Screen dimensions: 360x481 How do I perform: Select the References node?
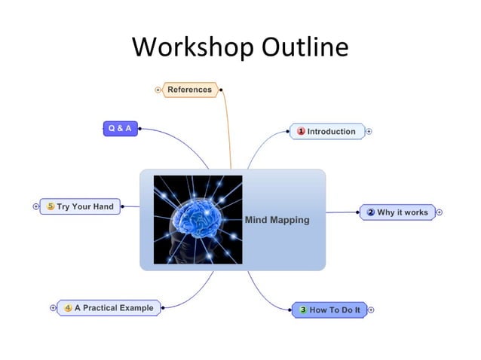tap(190, 90)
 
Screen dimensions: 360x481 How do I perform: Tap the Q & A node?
tap(120, 128)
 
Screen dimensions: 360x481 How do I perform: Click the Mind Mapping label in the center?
tap(277, 220)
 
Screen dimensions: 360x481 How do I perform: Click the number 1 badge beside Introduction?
tap(301, 131)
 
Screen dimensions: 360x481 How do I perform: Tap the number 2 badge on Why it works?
tap(370, 212)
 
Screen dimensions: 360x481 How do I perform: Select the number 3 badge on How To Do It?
tap(303, 310)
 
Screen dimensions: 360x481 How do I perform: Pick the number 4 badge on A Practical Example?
tap(68, 307)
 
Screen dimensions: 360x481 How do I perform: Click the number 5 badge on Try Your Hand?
tap(51, 206)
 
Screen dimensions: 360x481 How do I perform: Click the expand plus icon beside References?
tap(158, 90)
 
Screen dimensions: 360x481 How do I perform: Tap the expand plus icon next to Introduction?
tap(369, 131)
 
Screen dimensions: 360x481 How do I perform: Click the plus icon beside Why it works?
tap(439, 212)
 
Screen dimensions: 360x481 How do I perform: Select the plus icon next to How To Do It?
tap(371, 310)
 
